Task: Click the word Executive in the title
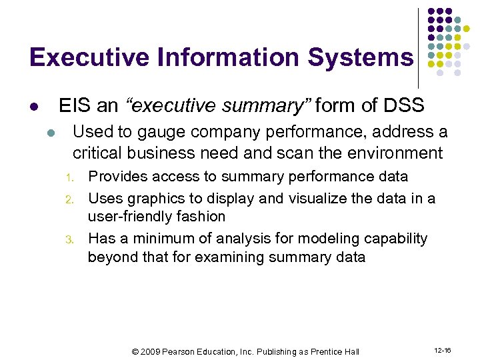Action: [89, 57]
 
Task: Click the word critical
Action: [97, 153]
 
